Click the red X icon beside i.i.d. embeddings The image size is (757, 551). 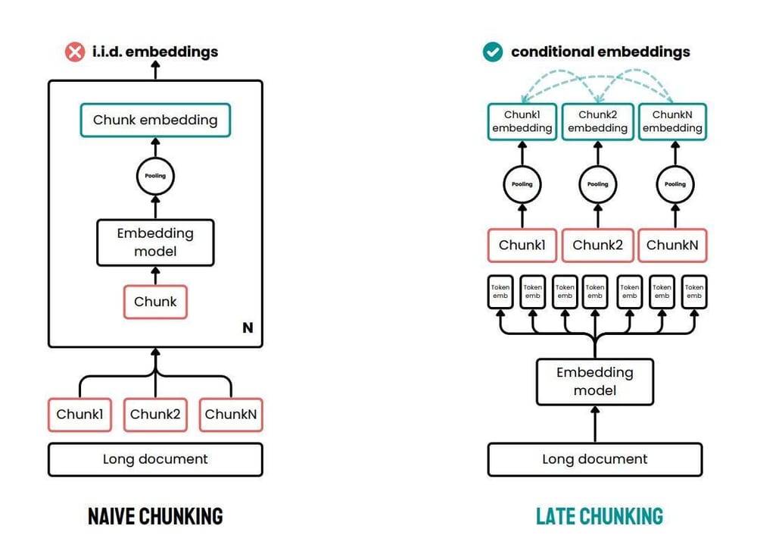[74, 52]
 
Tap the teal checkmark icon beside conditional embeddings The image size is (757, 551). [493, 52]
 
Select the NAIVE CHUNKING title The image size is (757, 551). [155, 517]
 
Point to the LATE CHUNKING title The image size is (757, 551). [600, 517]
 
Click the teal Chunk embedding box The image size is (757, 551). [155, 120]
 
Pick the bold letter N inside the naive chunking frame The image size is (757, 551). [247, 328]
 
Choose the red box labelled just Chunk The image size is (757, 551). [155, 302]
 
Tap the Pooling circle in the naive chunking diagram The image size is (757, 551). [155, 176]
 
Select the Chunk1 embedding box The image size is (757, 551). [522, 122]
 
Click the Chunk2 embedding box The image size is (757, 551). [597, 122]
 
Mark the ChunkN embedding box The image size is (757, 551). [672, 122]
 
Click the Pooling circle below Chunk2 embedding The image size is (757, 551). [597, 183]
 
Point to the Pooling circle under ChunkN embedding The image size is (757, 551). [674, 183]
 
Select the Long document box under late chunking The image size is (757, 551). [594, 459]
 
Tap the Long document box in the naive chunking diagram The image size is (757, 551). [155, 459]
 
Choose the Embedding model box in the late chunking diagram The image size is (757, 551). [594, 381]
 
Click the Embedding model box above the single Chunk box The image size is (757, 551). [155, 242]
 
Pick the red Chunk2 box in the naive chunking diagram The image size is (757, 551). [155, 415]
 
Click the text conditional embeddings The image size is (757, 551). [600, 52]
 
